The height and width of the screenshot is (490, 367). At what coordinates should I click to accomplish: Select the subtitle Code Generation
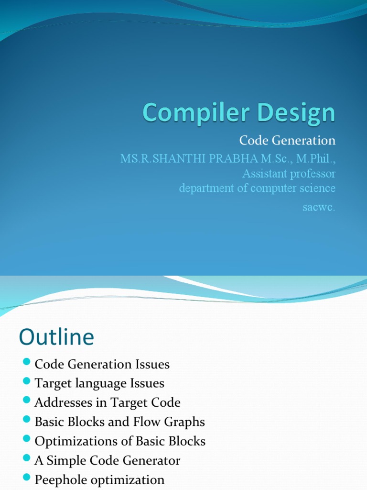[287, 141]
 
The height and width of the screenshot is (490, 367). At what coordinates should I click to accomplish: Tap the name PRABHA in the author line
[231, 158]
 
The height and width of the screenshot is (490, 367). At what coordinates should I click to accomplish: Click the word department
[206, 188]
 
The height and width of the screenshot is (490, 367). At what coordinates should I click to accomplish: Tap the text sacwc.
[319, 207]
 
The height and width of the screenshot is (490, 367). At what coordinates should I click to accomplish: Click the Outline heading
[56, 337]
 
